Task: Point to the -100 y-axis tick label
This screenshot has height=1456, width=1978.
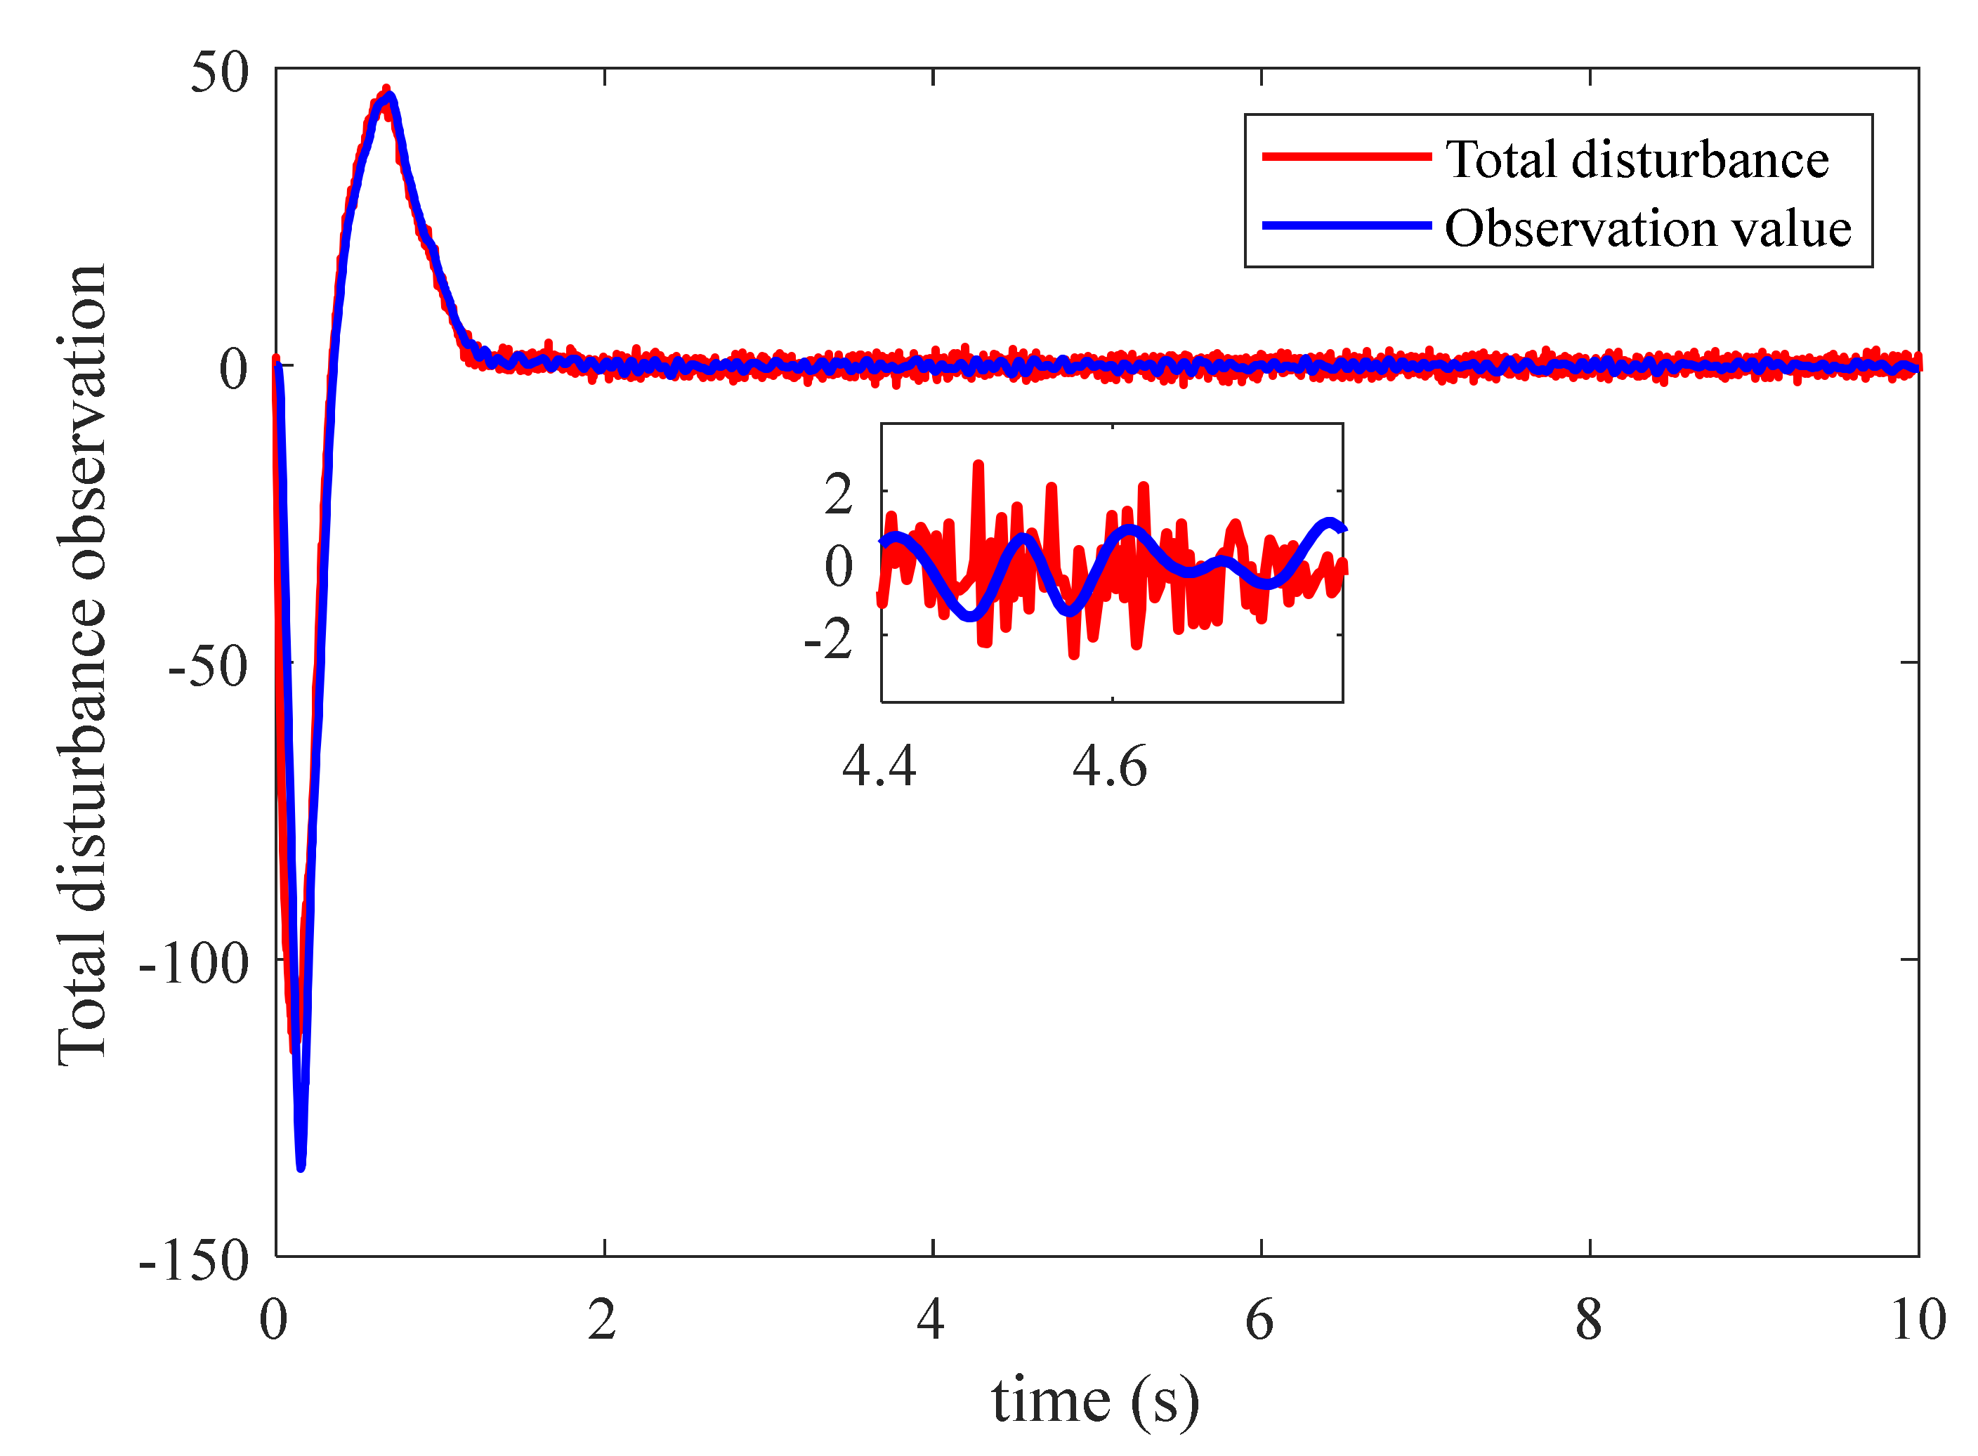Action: [194, 964]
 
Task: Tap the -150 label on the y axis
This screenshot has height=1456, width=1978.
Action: [194, 1261]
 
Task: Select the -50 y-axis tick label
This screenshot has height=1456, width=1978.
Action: [208, 667]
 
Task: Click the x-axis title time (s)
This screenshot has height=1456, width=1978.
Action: [1095, 1401]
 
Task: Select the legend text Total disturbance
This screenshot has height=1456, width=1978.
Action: [1637, 159]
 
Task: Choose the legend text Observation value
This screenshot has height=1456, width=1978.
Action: [1647, 228]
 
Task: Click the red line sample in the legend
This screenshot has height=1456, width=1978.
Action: [1346, 157]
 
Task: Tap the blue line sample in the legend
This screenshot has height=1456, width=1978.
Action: [1346, 226]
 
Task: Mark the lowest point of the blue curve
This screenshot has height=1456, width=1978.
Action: [301, 1167]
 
